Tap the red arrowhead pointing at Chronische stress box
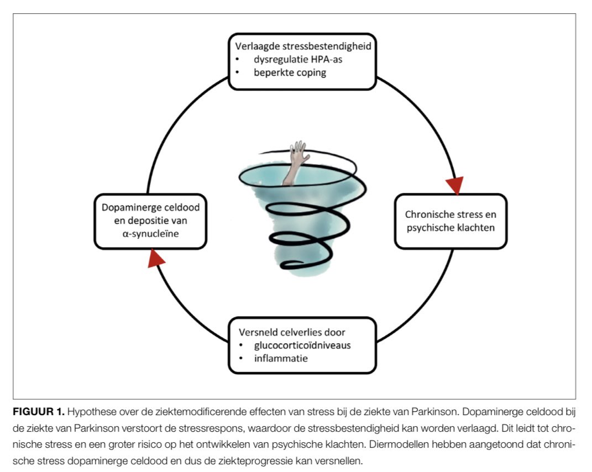(x=455, y=185)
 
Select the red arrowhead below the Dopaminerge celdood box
(x=155, y=259)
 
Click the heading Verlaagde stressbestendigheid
(x=303, y=46)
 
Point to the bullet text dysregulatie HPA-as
(x=298, y=59)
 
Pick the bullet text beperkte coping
(x=290, y=72)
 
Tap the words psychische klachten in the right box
(x=450, y=228)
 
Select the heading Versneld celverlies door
(x=292, y=332)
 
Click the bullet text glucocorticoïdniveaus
(x=302, y=345)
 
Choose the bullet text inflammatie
(x=281, y=358)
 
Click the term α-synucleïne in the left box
(x=151, y=234)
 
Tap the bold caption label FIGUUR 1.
(x=39, y=412)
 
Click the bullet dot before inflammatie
(x=241, y=358)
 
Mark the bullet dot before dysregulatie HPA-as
(x=238, y=59)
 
